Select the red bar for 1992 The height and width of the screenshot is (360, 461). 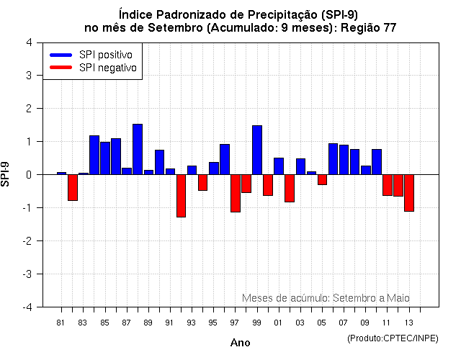[181, 196]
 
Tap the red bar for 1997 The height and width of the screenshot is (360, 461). [236, 193]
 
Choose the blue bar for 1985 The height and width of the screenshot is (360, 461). [105, 158]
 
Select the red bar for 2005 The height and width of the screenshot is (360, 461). [322, 179]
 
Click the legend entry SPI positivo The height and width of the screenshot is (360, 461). [93, 55]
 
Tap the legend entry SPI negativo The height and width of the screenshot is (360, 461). [93, 68]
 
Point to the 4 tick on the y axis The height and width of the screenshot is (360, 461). [28, 42]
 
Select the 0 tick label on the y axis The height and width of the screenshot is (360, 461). [28, 174]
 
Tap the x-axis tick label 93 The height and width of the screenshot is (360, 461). [192, 322]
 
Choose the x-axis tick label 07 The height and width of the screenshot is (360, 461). [344, 322]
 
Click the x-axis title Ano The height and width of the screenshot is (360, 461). [240, 343]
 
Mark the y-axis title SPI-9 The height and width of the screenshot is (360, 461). [7, 174]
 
